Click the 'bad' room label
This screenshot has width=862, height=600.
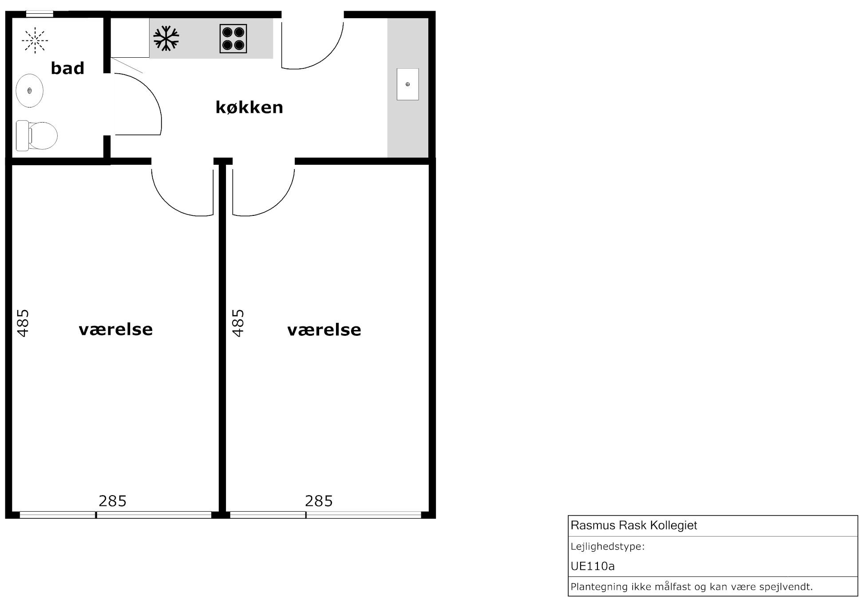tap(67, 68)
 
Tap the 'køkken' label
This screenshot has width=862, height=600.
tap(249, 107)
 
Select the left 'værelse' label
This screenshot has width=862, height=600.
tap(115, 330)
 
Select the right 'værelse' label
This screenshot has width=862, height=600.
tap(324, 330)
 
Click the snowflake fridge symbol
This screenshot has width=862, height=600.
tap(166, 38)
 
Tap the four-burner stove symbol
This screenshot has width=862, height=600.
tap(233, 39)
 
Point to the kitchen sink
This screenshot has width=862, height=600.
tap(407, 84)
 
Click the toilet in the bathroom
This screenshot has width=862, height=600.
tap(37, 135)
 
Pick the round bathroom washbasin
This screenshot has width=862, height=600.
tap(29, 91)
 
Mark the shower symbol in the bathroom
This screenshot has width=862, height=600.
tap(35, 40)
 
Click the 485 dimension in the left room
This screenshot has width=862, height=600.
tap(23, 323)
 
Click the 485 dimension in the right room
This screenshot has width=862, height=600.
tap(238, 323)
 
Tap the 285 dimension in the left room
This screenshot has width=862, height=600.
tap(112, 501)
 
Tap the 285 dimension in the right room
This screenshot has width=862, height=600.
tap(319, 501)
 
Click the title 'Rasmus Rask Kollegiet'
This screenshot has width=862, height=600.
tap(634, 525)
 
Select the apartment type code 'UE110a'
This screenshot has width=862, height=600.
tap(593, 566)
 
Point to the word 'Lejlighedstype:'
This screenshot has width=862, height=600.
tap(608, 547)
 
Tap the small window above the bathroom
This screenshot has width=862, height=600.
tap(40, 14)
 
